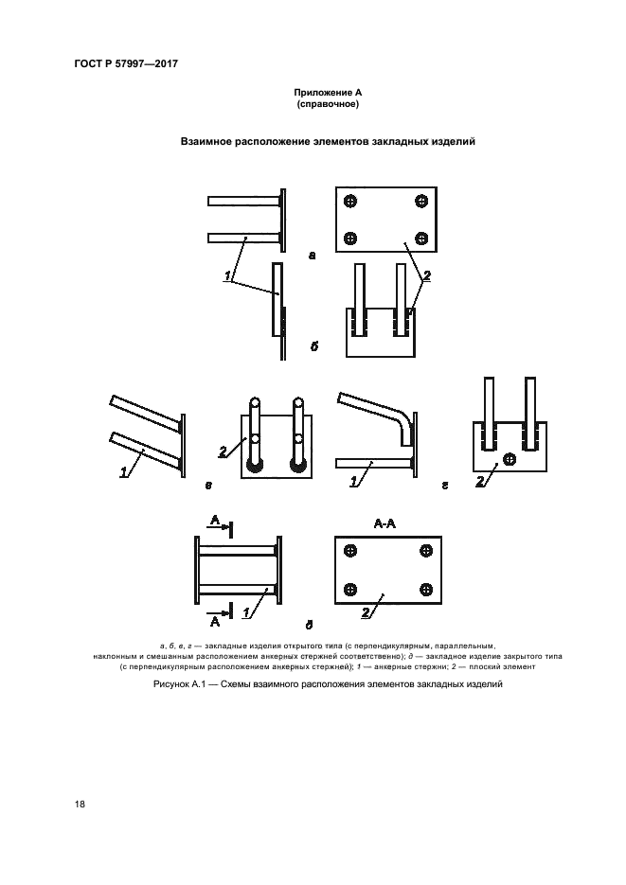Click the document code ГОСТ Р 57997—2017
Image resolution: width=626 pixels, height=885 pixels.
point(126,63)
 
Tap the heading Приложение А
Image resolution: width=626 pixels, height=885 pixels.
point(328,93)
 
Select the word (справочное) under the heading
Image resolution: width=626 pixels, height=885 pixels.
point(328,104)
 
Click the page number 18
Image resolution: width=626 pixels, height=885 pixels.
point(80,804)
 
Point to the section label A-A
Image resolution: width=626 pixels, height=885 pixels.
point(385,524)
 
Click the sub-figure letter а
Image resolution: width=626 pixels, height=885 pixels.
point(313,256)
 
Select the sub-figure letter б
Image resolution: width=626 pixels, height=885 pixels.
point(313,346)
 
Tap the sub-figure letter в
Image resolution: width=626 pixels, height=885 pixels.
point(209,486)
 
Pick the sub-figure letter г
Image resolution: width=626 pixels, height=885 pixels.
point(445,486)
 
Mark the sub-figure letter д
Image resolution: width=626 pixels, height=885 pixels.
point(309,626)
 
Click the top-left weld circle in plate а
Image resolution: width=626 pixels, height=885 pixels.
point(350,201)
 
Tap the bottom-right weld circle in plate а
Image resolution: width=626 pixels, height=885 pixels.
point(421,239)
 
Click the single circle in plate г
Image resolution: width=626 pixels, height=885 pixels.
point(510,459)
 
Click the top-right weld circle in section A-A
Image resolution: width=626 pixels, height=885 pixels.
point(426,551)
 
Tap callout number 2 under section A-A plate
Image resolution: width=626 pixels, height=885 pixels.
point(366,612)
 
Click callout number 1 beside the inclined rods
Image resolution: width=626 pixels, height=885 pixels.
point(124,473)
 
